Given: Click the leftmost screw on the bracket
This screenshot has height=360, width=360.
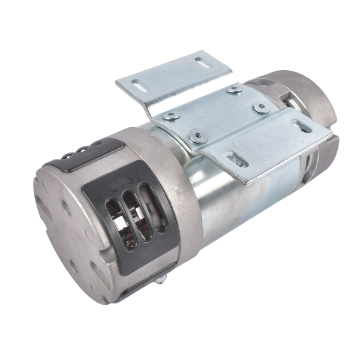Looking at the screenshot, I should [171, 116].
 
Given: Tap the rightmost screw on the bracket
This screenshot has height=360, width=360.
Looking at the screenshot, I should [261, 107].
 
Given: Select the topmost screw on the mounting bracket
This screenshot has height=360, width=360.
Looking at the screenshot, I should [234, 89].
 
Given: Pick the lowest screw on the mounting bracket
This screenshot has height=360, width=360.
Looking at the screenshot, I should [196, 137].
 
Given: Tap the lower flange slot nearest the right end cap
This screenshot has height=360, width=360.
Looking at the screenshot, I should [301, 127].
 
